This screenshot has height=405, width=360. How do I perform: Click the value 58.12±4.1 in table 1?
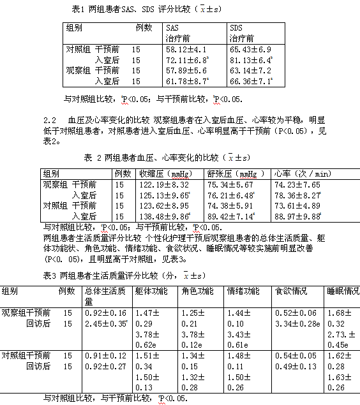coord(185,49)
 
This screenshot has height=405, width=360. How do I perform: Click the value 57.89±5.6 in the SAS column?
coord(185,70)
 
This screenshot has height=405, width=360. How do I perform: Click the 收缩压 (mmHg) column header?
coord(156,173)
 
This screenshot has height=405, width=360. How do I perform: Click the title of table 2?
coord(167,158)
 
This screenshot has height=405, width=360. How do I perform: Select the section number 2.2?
coord(50,120)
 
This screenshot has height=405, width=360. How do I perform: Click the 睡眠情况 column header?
coord(342,291)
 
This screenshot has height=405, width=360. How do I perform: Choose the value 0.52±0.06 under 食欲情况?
coord(294,313)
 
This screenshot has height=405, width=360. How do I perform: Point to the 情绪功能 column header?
coord(243,291)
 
